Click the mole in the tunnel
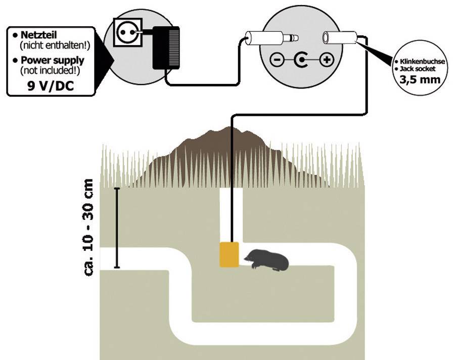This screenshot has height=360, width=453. pyautogui.click(x=268, y=260)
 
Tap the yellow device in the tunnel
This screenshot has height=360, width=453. pyautogui.click(x=229, y=254)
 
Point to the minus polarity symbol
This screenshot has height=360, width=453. pyautogui.click(x=277, y=61)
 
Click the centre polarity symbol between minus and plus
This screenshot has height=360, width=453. pyautogui.click(x=302, y=61)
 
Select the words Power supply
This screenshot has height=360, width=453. pyautogui.click(x=52, y=61)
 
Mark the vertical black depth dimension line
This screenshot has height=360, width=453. pyautogui.click(x=117, y=228)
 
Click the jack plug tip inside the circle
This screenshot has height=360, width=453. pyautogui.click(x=289, y=37)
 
